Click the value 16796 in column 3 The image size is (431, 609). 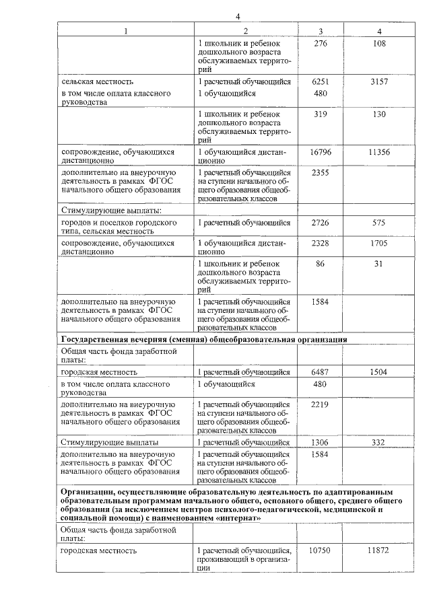pos(320,153)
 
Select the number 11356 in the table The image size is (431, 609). pos(379,153)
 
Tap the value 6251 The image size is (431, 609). pos(320,81)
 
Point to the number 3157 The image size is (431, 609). pos(379,81)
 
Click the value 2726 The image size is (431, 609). pos(320,222)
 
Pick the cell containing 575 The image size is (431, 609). pos(379,222)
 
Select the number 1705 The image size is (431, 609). pos(379,243)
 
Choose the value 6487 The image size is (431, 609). pos(320,371)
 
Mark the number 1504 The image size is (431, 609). pos(379,371)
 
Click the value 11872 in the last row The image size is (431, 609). pos(379,550)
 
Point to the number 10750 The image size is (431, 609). pos(320,550)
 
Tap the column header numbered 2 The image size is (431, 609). pos(245,31)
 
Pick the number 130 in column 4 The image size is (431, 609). pos(379,114)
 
